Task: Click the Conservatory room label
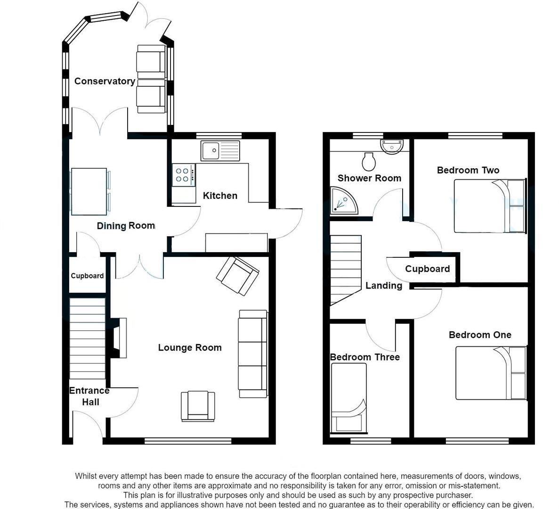[105, 81]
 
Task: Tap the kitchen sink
[220, 151]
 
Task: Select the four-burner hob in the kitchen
[183, 175]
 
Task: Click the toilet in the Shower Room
[368, 162]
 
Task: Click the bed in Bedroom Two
[489, 206]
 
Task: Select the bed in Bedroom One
[490, 373]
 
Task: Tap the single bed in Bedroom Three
[349, 399]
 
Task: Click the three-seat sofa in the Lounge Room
[253, 353]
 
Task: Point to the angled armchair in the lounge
[238, 276]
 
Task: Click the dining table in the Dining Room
[89, 191]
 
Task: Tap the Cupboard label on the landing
[427, 269]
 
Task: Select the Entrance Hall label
[89, 396]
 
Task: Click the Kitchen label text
[220, 196]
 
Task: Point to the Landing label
[383, 286]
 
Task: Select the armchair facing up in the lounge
[198, 406]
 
